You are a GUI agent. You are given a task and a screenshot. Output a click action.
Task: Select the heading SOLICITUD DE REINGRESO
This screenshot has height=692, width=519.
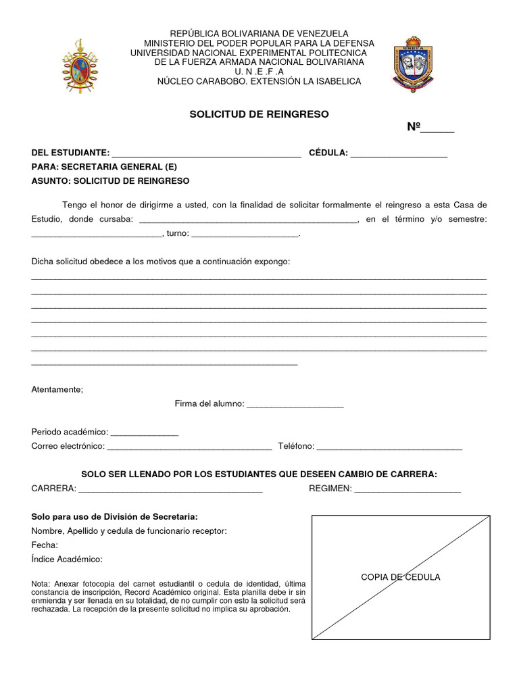coord(259,114)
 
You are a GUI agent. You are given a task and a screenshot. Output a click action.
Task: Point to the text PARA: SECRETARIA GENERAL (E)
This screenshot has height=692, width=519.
coord(105,167)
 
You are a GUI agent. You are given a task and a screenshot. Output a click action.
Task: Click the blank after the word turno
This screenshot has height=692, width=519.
coord(245,234)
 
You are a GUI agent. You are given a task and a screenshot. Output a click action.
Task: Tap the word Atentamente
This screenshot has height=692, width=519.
coord(57,389)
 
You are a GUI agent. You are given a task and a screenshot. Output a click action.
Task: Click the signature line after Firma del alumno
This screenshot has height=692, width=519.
coord(295,405)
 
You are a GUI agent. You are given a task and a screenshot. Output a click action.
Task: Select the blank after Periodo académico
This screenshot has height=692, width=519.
coord(144,432)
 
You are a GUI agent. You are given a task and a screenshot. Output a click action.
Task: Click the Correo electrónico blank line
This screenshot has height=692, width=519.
coord(189,447)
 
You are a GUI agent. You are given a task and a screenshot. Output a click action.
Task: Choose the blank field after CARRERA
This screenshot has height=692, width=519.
coord(170,489)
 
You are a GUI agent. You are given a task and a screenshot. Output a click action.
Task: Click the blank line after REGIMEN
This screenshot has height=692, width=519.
coord(407,489)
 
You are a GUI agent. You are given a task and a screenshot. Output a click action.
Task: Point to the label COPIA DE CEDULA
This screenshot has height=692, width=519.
coord(401,577)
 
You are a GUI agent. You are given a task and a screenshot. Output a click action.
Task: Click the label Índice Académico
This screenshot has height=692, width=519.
coord(67,560)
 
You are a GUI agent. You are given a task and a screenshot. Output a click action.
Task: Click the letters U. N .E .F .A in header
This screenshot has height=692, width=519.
coord(259,72)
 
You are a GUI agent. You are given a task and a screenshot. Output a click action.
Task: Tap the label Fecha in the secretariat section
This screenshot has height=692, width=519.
coord(45,545)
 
